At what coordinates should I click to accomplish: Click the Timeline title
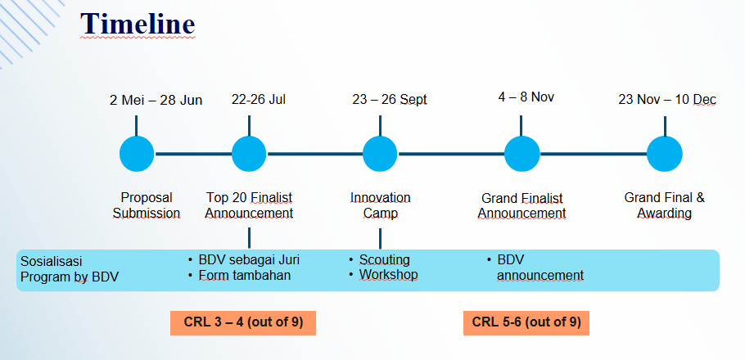pos(138,24)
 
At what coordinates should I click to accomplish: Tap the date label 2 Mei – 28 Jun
pos(156,100)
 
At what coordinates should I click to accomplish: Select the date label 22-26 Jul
pos(259,100)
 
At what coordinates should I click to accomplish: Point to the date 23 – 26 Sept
pos(390,100)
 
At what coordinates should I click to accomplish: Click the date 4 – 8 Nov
pos(526,97)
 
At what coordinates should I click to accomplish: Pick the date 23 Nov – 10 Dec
pos(667,100)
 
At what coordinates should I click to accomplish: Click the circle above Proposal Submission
pos(137,154)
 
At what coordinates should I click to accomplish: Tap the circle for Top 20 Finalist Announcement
pos(249,154)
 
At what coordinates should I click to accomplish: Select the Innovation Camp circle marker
pos(380,154)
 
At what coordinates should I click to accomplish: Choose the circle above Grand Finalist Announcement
pos(521,154)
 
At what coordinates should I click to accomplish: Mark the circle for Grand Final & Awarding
pos(665,154)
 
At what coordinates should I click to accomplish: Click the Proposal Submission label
pos(147,205)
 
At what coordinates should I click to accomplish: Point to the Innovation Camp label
pos(380,205)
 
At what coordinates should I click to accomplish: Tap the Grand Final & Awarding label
pos(664,205)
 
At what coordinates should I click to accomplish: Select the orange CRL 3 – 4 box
pos(243,323)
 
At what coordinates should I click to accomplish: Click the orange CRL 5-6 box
pos(526,323)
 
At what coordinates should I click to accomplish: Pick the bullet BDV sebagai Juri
pos(244,260)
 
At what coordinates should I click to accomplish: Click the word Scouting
pos(385,260)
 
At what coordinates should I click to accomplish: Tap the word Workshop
pos(389,275)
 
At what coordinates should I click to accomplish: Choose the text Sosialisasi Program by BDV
pos(70,269)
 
